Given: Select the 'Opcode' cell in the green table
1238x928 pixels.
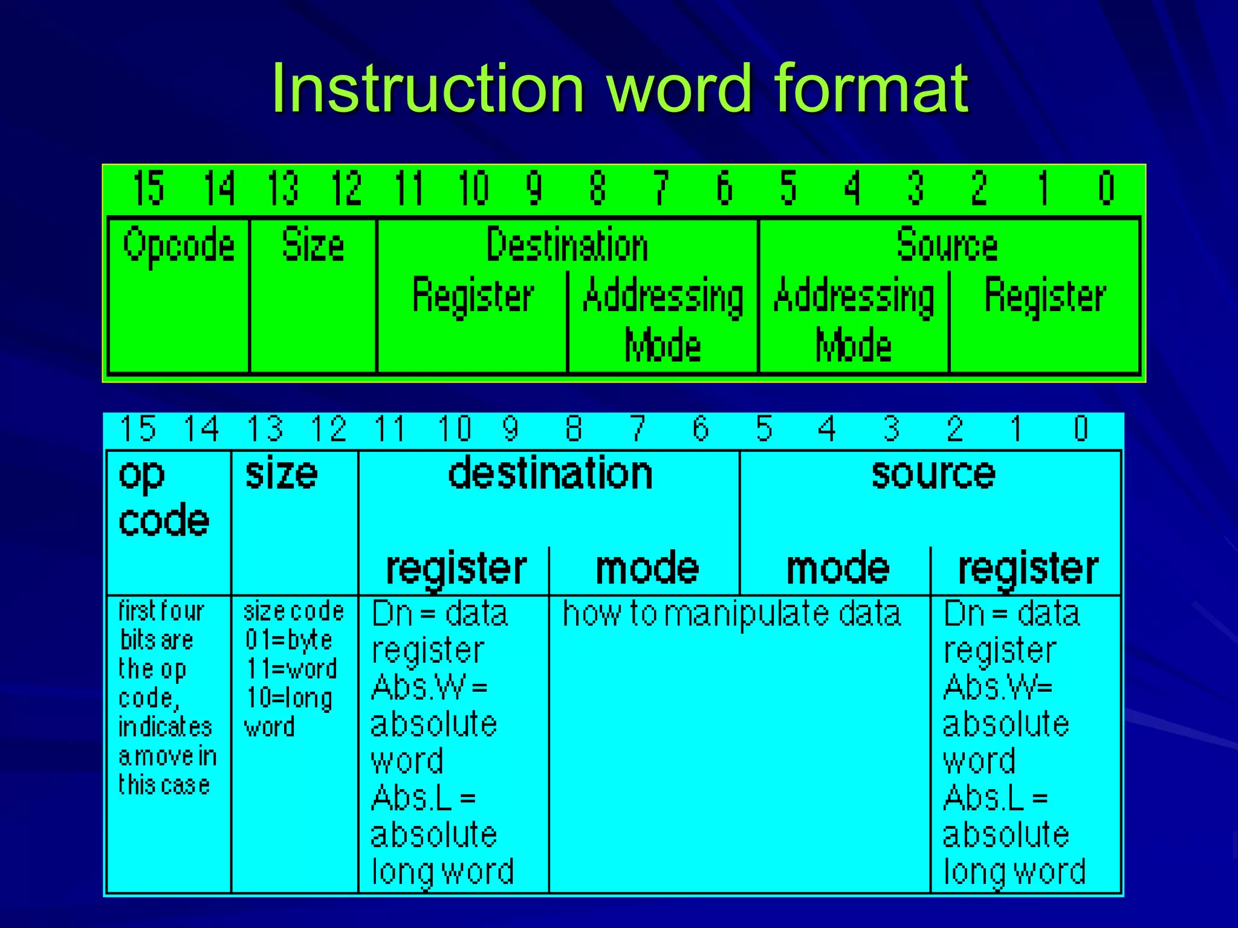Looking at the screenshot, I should (179, 245).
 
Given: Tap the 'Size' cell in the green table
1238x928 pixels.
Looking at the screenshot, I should (313, 245).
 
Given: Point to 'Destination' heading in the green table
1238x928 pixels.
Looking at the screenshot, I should (567, 245).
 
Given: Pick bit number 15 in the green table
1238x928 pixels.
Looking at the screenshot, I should (148, 188).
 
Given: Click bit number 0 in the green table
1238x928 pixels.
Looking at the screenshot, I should (1106, 188).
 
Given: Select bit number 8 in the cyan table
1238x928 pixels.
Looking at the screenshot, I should (574, 428).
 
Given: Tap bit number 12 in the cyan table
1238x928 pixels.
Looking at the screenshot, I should (329, 428).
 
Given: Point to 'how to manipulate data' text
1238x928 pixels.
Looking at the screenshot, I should (731, 614).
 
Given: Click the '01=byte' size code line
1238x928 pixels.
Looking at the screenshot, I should (289, 640).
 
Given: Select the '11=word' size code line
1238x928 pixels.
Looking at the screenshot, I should (291, 669).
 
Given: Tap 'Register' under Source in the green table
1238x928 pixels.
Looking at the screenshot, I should (1045, 296).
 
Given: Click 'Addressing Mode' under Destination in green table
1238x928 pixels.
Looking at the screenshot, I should (663, 320).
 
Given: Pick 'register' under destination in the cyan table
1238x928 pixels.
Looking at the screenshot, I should (456, 569).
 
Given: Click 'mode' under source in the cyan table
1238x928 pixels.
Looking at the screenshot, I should (838, 569).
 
